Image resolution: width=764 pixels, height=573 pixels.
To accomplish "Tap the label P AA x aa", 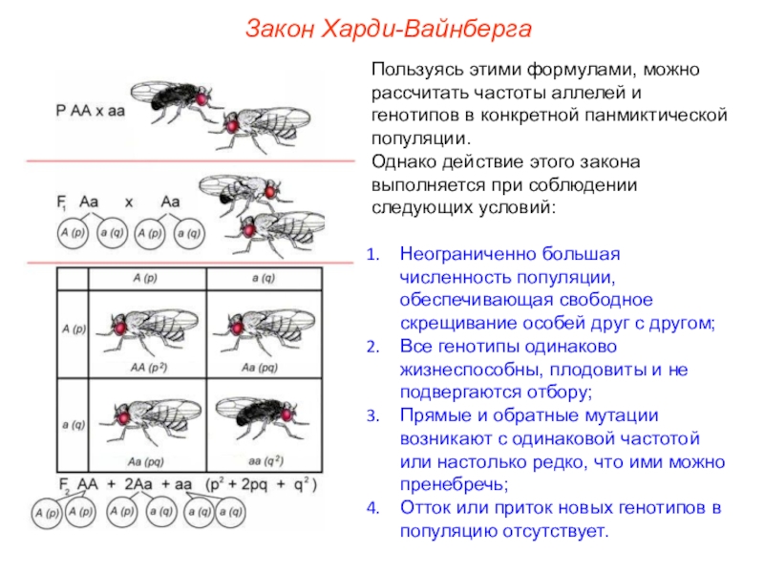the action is tap(90, 109).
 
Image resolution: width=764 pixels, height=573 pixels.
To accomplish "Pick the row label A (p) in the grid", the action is tap(72, 329).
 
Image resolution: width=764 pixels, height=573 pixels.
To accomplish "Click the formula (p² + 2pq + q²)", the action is tap(260, 484).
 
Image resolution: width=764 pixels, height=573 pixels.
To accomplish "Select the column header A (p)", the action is tap(150, 277).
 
